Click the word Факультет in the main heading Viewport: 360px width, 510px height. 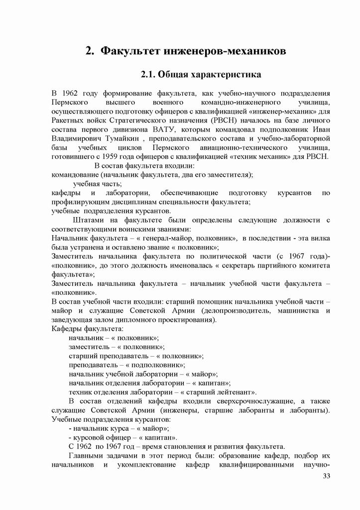click(129, 51)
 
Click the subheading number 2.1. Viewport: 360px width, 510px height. click(149, 76)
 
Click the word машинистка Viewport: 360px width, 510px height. click(304, 311)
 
